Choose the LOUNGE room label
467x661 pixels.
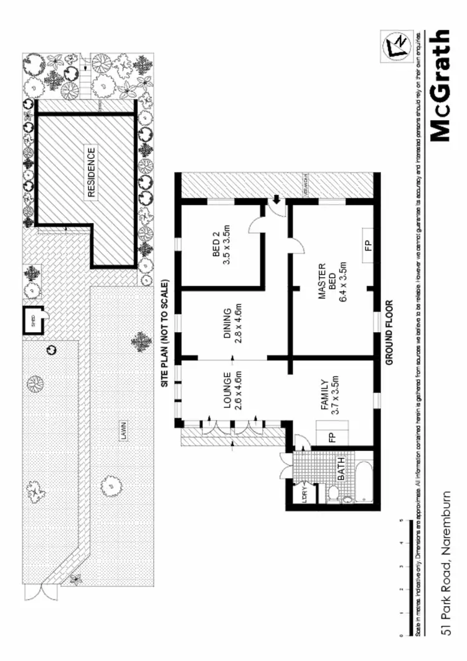pyautogui.click(x=232, y=391)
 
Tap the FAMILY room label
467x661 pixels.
pyautogui.click(x=329, y=397)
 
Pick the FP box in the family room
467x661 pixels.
pyautogui.click(x=331, y=435)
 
